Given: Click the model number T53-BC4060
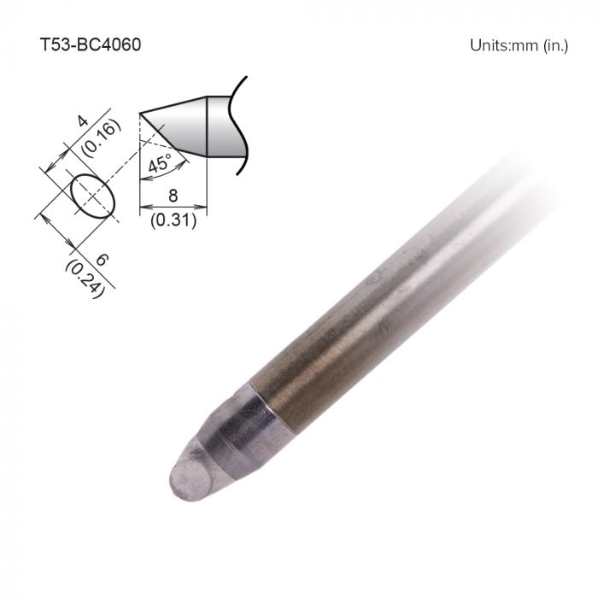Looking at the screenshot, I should click(91, 44).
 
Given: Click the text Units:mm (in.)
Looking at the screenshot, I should click(519, 45).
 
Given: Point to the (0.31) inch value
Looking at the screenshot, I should click(173, 220).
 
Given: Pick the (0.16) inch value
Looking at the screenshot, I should click(95, 137).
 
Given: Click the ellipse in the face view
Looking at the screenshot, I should click(91, 195).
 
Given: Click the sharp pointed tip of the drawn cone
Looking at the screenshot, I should click(141, 114).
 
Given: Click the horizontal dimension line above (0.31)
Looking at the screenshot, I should click(173, 206).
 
